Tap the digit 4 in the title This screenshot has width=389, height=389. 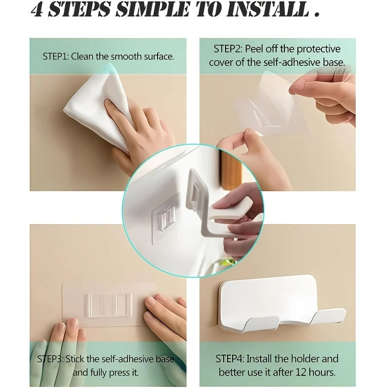[x=37, y=10]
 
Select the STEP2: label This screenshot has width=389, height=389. [x=228, y=49]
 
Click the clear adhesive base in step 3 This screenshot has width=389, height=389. [x=105, y=304]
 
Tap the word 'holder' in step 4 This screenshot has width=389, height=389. [x=305, y=359]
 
